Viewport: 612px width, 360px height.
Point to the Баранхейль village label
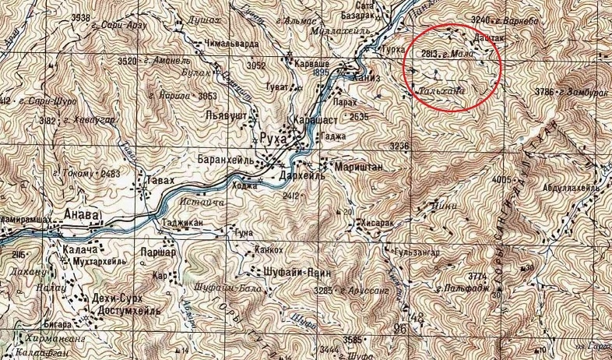227,161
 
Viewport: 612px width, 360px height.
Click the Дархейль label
287,175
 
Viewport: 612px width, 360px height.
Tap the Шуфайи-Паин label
290,272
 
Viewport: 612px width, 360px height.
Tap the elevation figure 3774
477,277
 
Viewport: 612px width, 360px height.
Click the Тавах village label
156,180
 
